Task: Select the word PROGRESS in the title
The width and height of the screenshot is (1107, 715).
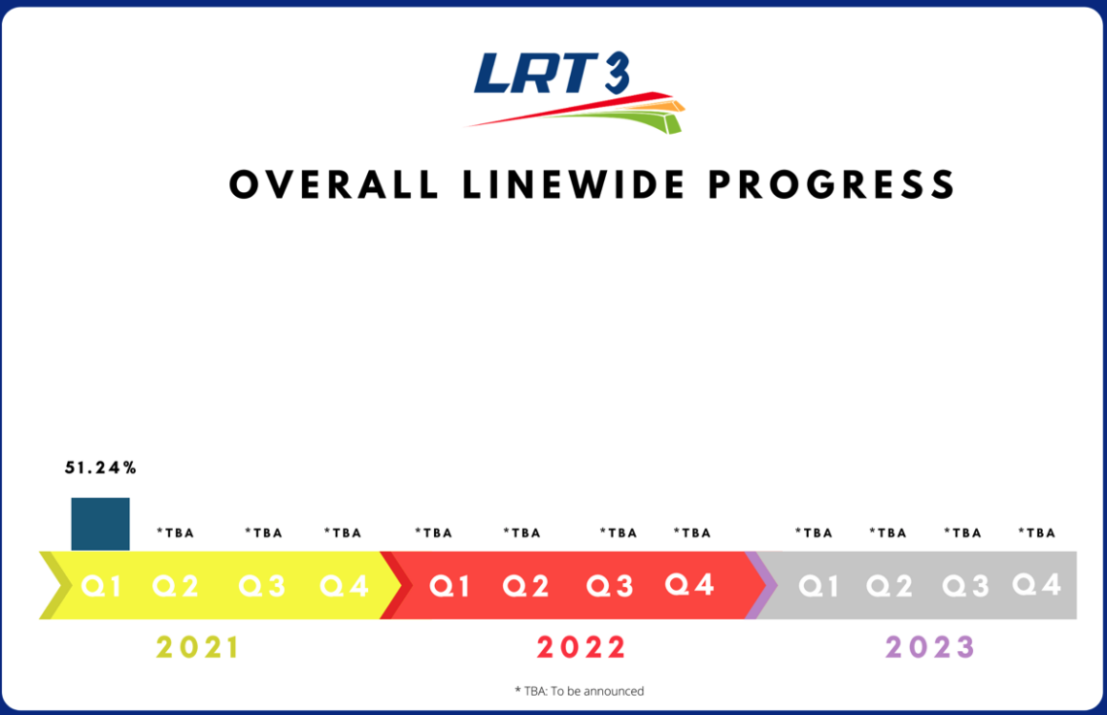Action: [831, 184]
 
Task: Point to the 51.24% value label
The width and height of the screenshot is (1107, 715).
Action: [101, 468]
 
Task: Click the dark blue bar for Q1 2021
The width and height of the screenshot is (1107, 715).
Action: [100, 524]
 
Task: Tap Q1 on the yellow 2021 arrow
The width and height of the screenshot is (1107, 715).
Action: [101, 586]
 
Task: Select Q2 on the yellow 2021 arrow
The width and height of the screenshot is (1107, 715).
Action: [176, 586]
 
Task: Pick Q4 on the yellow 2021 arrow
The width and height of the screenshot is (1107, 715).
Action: [345, 586]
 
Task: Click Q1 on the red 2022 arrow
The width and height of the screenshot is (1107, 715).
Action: [450, 586]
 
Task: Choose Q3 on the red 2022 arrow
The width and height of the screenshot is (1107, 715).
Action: [610, 586]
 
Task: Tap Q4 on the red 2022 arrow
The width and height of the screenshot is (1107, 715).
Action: [689, 584]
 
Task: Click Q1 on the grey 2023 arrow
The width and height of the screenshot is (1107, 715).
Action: [818, 586]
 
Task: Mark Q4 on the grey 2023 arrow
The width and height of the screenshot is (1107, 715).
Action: [1036, 584]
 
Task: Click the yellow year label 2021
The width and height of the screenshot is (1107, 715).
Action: [198, 647]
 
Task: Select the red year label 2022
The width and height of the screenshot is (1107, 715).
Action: [582, 647]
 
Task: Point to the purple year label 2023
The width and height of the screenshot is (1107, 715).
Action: [930, 647]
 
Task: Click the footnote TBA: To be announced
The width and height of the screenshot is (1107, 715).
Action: [579, 691]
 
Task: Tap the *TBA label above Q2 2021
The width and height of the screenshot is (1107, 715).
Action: [176, 533]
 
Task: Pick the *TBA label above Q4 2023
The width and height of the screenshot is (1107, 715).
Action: [1036, 533]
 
